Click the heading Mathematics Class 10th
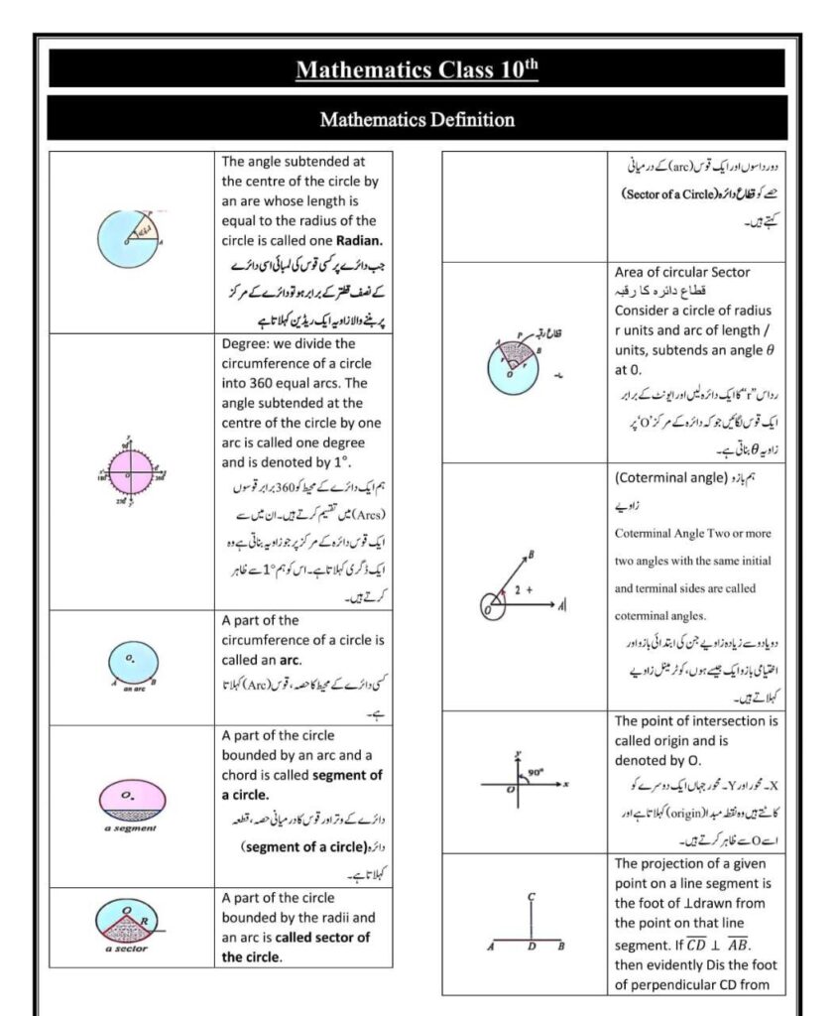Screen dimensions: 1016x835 (417, 70)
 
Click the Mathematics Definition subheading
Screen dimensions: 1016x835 (417, 120)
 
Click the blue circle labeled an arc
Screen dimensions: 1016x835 (132, 661)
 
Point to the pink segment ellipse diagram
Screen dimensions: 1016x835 (132, 798)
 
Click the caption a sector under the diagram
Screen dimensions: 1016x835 (126, 949)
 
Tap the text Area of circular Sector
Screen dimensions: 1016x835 (682, 272)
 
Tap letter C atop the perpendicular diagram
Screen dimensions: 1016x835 (532, 897)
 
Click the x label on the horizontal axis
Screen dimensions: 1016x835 (565, 785)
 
